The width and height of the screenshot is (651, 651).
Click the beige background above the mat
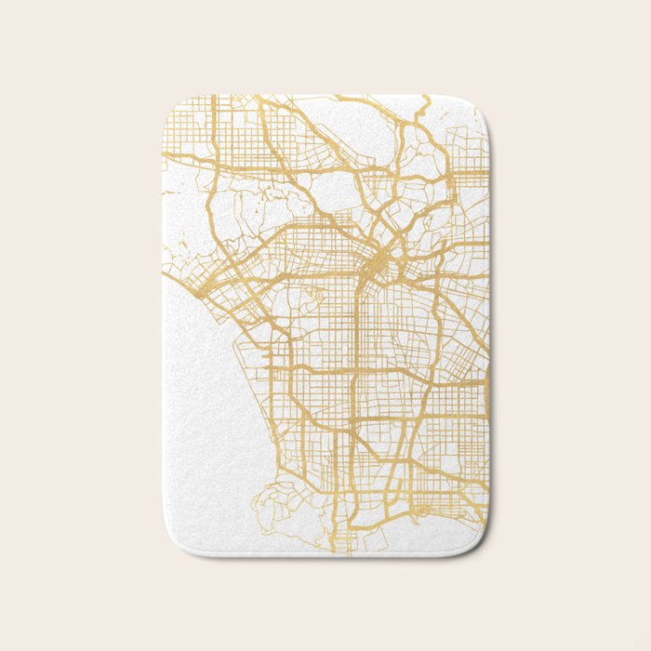coord(325,46)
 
